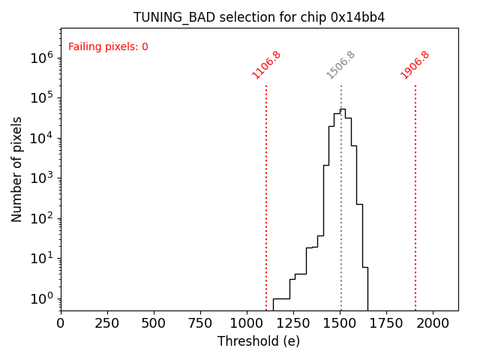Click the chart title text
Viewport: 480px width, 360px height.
coord(259,17)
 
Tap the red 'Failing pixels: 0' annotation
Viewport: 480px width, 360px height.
coord(108,46)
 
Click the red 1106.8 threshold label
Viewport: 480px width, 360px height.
coord(266,64)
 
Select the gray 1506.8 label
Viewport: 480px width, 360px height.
coord(340,64)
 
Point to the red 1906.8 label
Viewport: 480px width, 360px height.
coord(415,64)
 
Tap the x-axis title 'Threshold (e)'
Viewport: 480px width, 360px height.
coord(259,341)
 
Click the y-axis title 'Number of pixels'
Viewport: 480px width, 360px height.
coord(17,169)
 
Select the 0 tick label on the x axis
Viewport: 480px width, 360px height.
coord(61,322)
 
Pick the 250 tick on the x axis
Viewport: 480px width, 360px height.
coord(107,322)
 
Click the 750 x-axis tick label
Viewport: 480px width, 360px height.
coord(200,322)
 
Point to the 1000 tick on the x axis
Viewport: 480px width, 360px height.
coord(247,322)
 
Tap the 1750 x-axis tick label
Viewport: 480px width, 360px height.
coord(386,322)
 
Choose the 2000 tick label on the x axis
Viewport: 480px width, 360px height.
coord(433,322)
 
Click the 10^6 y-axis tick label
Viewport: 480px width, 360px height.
coord(40,57)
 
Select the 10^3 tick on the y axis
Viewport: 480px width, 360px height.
coord(40,178)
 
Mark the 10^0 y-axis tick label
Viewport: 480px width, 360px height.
coord(40,298)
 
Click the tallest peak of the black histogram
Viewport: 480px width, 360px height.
coord(342,109)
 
